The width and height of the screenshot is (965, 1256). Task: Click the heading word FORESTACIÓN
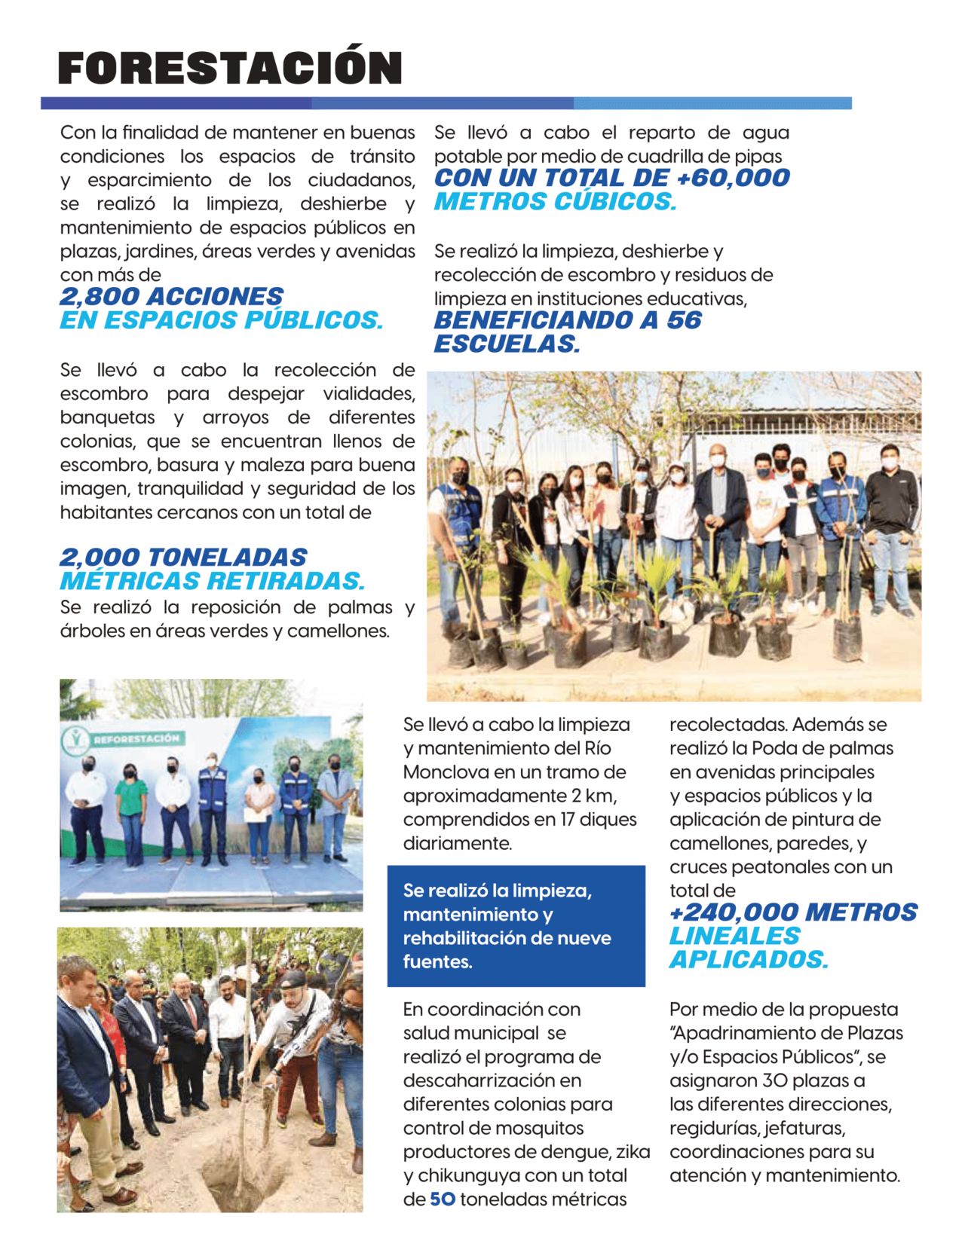(230, 69)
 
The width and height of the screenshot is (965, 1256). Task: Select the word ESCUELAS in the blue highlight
(507, 344)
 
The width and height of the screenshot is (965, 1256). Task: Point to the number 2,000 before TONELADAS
(99, 558)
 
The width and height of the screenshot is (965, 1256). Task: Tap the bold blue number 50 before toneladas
(443, 1199)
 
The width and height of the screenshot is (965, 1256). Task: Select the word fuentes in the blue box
(437, 962)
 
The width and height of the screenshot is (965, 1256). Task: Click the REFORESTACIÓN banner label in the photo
(136, 739)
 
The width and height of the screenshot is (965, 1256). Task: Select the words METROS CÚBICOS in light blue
(555, 202)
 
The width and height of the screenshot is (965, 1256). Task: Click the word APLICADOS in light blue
(748, 960)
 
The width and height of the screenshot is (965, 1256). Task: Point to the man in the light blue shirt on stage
(334, 810)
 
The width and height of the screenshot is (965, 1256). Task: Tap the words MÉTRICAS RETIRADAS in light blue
(212, 581)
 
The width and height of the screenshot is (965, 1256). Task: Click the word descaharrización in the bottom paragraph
(492, 1080)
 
